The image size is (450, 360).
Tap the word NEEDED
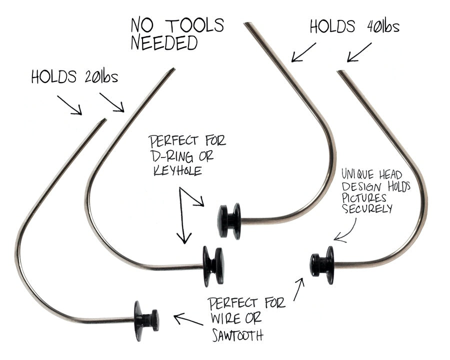[x=164, y=43]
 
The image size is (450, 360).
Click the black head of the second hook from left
[x=213, y=265]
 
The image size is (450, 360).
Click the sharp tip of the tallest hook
[x=246, y=23]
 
